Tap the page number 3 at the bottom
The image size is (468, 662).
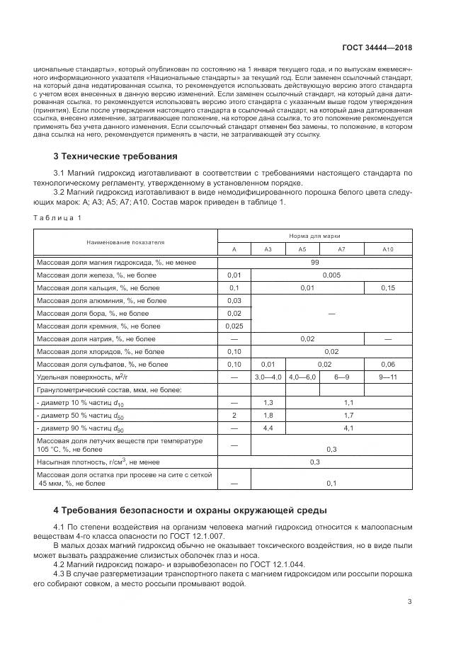pyautogui.click(x=410, y=602)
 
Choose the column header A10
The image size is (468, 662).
pyautogui.click(x=387, y=249)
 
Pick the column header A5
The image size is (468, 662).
pyautogui.click(x=302, y=249)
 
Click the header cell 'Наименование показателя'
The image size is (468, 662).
pyautogui.click(x=125, y=242)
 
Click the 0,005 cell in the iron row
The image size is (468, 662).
pyautogui.click(x=331, y=275)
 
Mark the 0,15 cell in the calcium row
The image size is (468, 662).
pyautogui.click(x=387, y=288)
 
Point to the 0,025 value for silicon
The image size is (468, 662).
pyautogui.click(x=234, y=326)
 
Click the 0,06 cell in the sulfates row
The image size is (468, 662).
pyautogui.click(x=387, y=364)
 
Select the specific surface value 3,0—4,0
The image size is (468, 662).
pyautogui.click(x=268, y=377)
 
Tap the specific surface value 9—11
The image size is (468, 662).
pyautogui.click(x=387, y=377)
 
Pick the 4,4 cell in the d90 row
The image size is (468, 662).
pyautogui.click(x=268, y=428)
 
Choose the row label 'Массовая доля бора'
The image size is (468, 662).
pyautogui.click(x=93, y=313)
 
